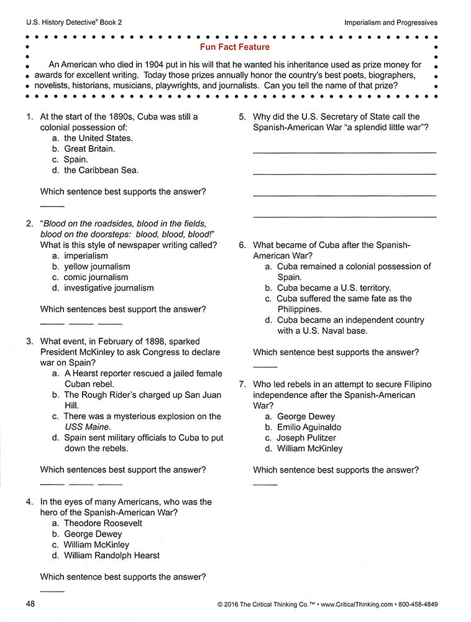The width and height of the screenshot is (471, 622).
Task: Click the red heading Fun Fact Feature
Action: [235, 47]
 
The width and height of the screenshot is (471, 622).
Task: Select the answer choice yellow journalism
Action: [97, 266]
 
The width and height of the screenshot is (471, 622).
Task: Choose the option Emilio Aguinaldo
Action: [309, 427]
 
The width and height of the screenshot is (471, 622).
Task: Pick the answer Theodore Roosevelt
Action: [103, 523]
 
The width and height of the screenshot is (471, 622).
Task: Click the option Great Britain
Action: [89, 149]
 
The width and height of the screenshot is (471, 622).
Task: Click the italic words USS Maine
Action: [88, 427]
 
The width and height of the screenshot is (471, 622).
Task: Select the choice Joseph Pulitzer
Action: [306, 438]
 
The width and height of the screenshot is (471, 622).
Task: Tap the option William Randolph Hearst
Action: [111, 555]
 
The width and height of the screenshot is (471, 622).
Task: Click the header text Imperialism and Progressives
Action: [391, 22]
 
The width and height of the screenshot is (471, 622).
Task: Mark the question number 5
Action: [242, 116]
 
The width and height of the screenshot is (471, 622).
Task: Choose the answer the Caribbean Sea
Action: [101, 170]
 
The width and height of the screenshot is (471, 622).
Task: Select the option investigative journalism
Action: [109, 288]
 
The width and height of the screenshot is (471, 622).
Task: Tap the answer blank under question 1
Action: [52, 205]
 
